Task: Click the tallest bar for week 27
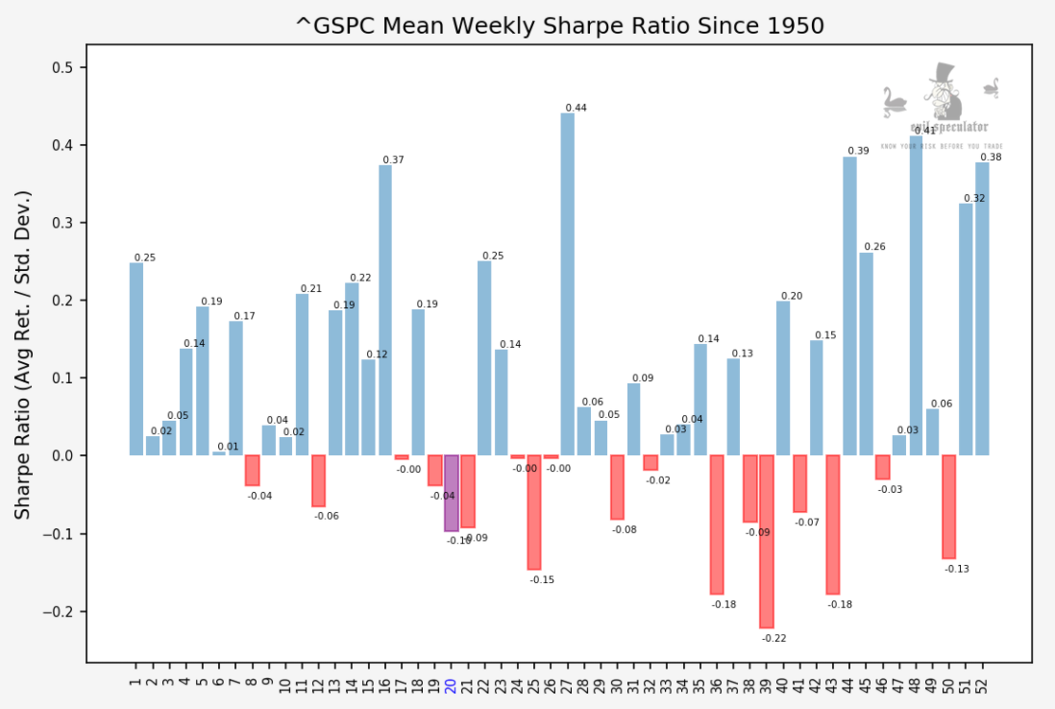tap(567, 284)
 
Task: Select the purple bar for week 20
tap(451, 493)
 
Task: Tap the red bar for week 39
tap(767, 541)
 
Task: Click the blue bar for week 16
tap(385, 310)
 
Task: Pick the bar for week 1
tap(136, 359)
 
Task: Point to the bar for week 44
tap(849, 306)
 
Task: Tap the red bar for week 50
tap(948, 506)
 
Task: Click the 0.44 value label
tap(576, 108)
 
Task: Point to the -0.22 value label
tap(773, 638)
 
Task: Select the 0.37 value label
tap(393, 160)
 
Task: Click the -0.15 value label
tap(542, 580)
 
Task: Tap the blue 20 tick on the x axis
tap(450, 686)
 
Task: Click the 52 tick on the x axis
tap(982, 686)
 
